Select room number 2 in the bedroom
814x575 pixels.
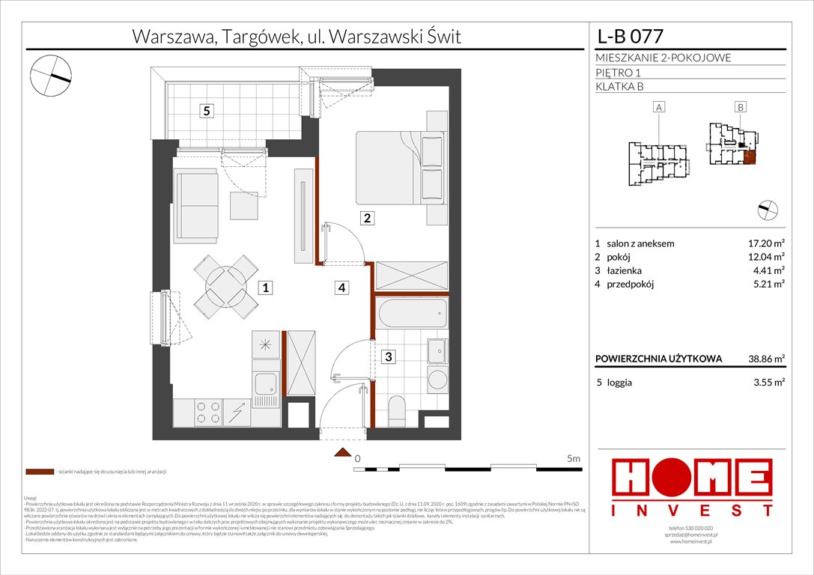[x=367, y=219]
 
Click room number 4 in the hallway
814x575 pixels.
[x=341, y=287]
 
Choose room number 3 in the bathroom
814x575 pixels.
[x=388, y=357]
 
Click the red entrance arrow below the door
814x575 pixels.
[x=343, y=452]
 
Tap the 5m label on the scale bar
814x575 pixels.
[x=574, y=458]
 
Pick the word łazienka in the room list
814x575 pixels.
[x=626, y=270]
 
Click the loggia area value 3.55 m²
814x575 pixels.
[x=767, y=382]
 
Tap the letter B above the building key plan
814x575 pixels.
[x=740, y=108]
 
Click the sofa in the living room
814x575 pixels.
[x=195, y=201]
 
